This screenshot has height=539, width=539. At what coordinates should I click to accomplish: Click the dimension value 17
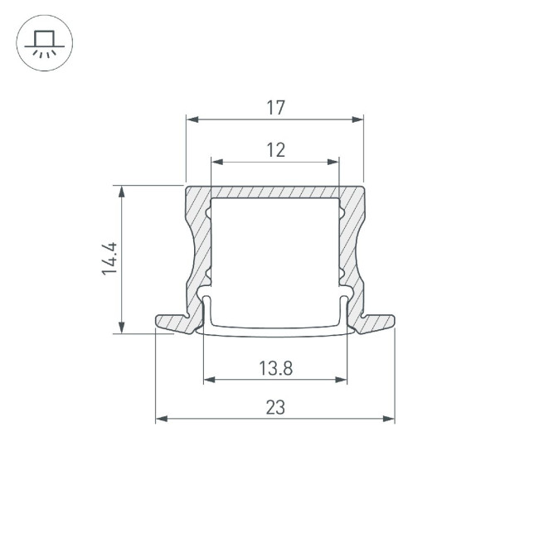pos(276,107)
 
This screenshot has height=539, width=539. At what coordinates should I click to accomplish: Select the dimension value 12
pos(276,150)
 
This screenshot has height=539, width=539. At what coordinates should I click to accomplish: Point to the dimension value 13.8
pos(275,368)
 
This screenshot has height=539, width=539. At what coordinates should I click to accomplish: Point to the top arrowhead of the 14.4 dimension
pos(123,192)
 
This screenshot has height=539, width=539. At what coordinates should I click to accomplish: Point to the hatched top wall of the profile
pos(274,192)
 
